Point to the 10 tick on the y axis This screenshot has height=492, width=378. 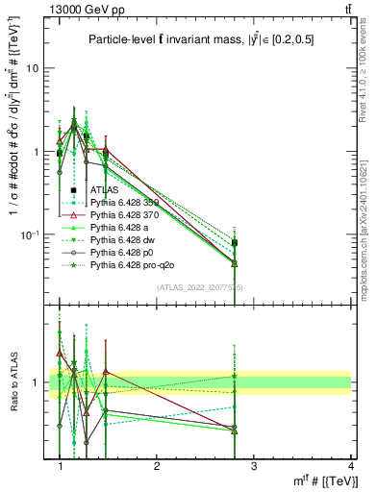click(x=38, y=68)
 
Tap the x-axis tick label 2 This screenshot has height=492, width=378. click(x=157, y=466)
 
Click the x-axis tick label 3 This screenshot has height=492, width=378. click(x=254, y=466)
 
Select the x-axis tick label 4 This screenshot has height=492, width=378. click(x=350, y=466)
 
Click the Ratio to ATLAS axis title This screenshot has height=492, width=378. click(x=13, y=382)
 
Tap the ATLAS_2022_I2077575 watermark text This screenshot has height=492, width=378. click(x=200, y=287)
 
